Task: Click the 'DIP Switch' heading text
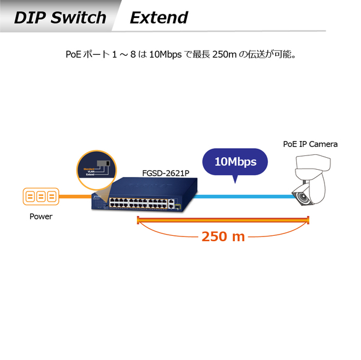(59, 17)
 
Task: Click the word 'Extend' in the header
(159, 17)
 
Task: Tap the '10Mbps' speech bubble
(235, 161)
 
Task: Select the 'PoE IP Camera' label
(310, 144)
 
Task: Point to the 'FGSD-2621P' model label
(165, 173)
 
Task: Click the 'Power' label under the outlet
(41, 217)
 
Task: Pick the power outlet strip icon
(41, 197)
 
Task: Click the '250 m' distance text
(223, 236)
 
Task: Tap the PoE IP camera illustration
(311, 179)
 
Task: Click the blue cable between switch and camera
(240, 196)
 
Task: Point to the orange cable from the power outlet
(75, 196)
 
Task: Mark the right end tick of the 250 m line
(308, 221)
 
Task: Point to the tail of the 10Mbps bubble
(236, 179)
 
